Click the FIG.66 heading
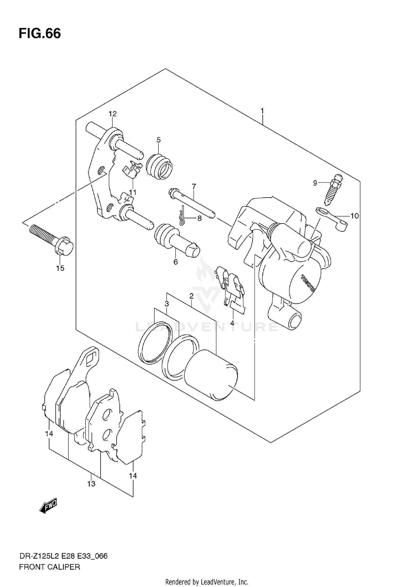(40, 34)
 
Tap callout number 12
(113, 114)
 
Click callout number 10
(354, 216)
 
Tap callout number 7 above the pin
(194, 186)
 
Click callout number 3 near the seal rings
(167, 304)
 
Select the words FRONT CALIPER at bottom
(49, 567)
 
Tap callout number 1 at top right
(262, 111)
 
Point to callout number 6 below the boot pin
(176, 262)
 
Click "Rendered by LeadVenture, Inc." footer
(207, 582)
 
